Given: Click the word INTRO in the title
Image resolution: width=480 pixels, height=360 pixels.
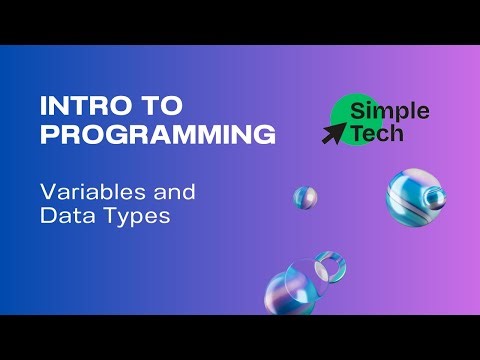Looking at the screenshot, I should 74,106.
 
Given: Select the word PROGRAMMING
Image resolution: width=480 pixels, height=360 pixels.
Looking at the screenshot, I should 157,134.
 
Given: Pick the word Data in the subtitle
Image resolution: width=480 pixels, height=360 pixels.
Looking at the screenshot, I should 63,215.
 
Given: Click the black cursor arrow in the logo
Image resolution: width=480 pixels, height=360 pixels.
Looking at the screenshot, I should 332,133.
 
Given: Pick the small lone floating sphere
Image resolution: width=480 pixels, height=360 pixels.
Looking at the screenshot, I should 305,196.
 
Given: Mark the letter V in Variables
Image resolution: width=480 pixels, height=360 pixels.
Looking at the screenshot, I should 46,191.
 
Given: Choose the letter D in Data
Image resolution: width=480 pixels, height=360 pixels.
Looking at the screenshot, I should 46,215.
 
